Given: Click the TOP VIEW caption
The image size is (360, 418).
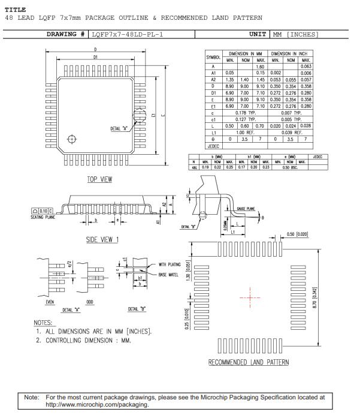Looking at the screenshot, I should coord(99,179).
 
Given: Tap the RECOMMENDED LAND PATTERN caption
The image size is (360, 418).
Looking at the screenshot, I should coord(248,362).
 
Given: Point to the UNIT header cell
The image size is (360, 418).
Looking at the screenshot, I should coord(257,34).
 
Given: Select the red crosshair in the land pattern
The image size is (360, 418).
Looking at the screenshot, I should coord(250,297).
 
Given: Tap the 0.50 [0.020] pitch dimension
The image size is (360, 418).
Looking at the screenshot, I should coord(297,234).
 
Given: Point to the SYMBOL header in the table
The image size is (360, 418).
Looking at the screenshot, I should coord(213,57).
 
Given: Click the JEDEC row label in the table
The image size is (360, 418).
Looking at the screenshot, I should coord(213,146).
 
